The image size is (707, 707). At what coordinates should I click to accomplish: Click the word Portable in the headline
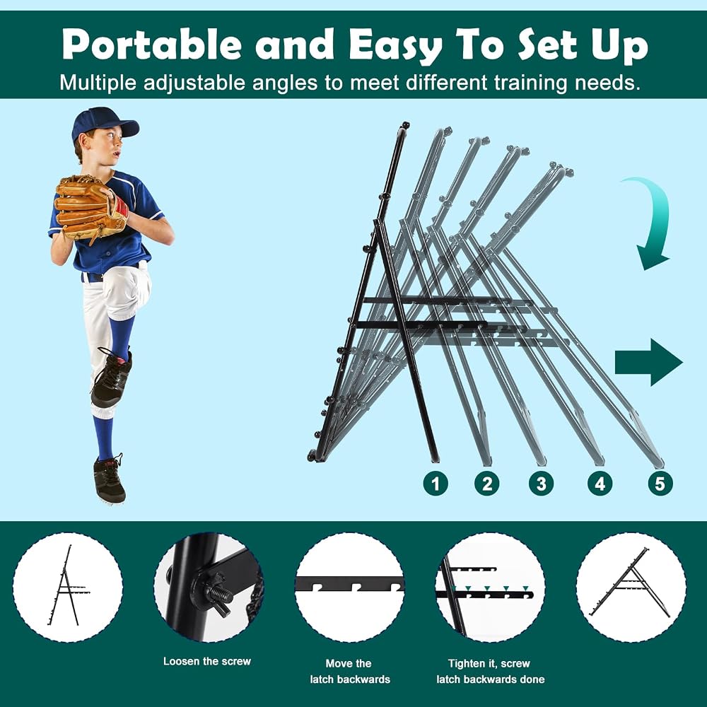(x=151, y=44)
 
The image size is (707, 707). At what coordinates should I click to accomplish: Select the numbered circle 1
(x=436, y=484)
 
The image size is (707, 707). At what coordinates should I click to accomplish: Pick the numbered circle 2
(x=487, y=484)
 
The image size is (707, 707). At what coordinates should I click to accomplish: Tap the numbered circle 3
(x=541, y=484)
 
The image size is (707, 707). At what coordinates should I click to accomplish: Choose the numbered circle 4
(x=600, y=484)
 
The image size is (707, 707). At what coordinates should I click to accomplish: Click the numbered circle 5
(x=660, y=484)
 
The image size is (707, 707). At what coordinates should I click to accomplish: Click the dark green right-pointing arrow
(x=648, y=363)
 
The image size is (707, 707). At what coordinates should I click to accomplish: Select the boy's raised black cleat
(x=112, y=378)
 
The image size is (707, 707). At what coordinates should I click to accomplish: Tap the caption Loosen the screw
(x=207, y=662)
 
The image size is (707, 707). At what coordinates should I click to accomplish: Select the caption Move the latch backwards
(x=350, y=672)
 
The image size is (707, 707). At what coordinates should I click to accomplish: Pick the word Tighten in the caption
(x=466, y=664)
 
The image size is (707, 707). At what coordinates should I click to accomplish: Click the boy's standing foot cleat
(x=109, y=480)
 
